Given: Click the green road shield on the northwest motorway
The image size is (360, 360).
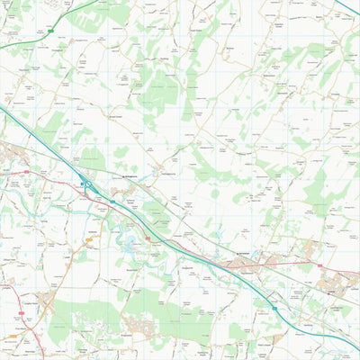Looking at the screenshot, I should click(51, 31).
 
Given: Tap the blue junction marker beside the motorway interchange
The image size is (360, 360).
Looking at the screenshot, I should click(82, 184).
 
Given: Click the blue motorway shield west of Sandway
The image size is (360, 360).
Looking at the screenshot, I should click(274, 308).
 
